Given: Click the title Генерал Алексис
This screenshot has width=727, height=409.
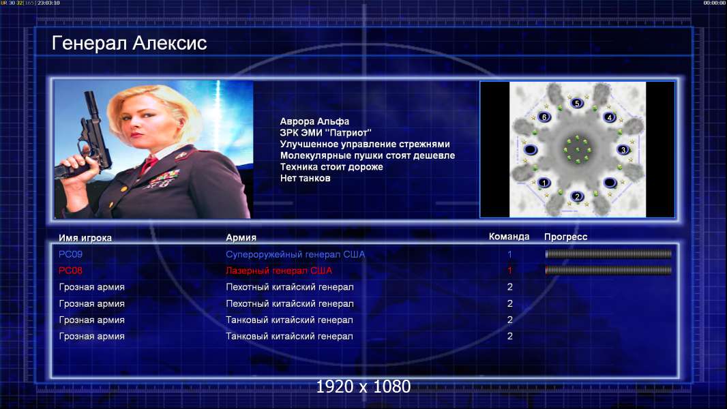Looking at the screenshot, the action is pos(129,43).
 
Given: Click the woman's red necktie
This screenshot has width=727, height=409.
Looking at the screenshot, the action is pos(149,164).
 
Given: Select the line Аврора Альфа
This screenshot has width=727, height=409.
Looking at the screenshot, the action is pos(314,121).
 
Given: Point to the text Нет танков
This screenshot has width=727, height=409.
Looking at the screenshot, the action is pos(305,179).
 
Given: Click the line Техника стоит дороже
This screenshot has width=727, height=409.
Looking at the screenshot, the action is pos(331,167).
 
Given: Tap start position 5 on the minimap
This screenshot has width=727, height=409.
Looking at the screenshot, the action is pos(577,104).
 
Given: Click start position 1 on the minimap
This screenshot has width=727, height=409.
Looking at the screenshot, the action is pos(544,183).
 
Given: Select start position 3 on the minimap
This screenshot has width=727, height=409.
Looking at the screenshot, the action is pos(623,149).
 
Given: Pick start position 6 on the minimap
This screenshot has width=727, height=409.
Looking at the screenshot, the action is pos(544,117).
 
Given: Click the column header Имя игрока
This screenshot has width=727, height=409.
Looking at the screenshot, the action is pos(85,238).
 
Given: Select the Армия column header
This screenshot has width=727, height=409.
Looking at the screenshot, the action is pos(241,237).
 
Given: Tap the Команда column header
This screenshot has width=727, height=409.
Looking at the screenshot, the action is pos(509,237).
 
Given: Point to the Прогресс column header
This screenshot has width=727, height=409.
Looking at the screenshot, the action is pos(565,237).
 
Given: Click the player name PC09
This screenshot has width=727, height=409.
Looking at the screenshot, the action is pos(70,254).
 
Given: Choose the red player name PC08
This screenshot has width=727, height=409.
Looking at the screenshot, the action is pos(70,271).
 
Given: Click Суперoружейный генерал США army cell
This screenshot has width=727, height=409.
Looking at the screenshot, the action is pos(295,254).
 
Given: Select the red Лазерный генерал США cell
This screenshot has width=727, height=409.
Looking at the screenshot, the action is pos(279,271).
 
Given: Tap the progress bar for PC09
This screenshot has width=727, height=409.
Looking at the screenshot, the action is pos(608,254).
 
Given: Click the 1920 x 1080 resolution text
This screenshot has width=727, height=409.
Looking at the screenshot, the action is pos(363,387).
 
